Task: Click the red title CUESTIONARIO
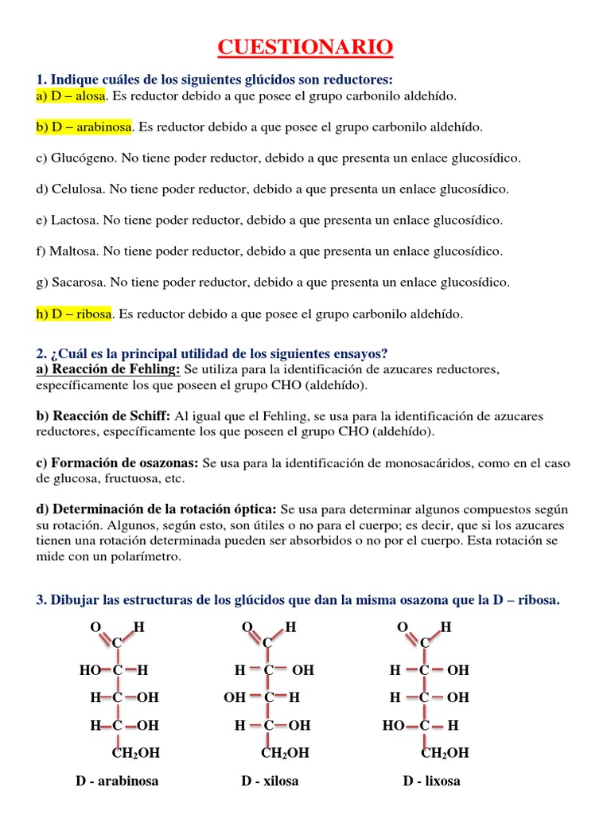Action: (x=305, y=49)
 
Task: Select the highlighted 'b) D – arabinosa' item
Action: (x=84, y=127)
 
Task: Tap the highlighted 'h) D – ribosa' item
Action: (x=73, y=314)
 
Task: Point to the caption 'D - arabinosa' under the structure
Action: (x=118, y=781)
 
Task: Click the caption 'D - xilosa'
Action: (x=270, y=781)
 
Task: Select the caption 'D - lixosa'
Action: (x=431, y=781)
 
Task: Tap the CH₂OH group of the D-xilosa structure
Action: (x=285, y=753)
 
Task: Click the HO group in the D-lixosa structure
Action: (x=394, y=726)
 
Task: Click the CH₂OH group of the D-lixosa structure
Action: (x=445, y=753)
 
